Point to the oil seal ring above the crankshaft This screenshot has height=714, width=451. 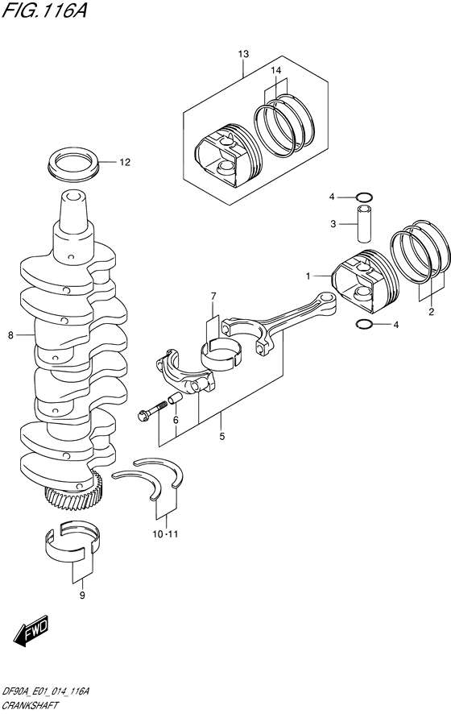tap(74, 162)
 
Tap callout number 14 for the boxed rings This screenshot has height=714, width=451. tap(276, 71)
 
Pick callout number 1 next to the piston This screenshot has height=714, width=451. tap(308, 276)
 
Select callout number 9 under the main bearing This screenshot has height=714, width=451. tap(81, 595)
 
